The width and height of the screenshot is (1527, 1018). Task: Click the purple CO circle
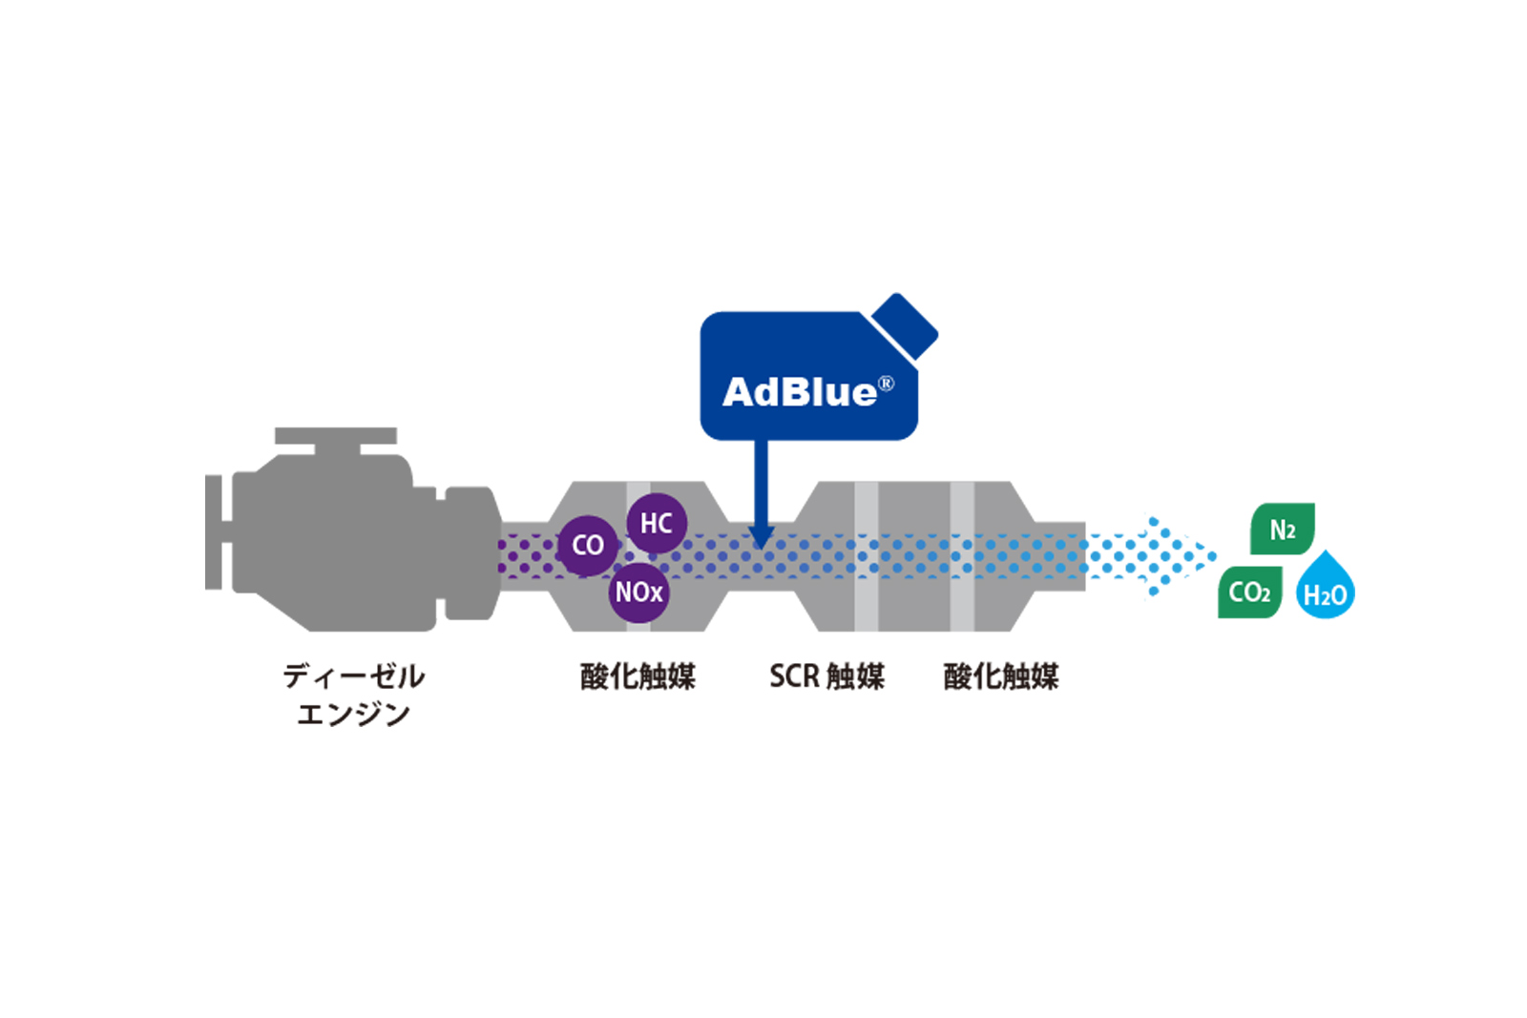(x=587, y=546)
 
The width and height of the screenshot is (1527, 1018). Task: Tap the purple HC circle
(x=657, y=523)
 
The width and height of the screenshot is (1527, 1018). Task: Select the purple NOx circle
(x=638, y=592)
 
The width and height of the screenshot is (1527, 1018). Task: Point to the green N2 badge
(x=1283, y=530)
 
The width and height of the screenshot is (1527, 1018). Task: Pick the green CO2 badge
(x=1249, y=592)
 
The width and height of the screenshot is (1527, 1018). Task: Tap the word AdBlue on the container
(x=799, y=392)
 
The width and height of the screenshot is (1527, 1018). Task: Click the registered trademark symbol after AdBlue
(x=887, y=384)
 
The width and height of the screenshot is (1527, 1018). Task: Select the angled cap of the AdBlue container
(x=905, y=325)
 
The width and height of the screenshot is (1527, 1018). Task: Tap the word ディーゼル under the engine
(x=354, y=676)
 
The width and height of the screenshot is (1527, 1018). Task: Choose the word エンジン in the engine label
(x=354, y=714)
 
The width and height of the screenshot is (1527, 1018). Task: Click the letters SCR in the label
(x=794, y=676)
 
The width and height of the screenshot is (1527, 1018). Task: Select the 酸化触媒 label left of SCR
(x=638, y=676)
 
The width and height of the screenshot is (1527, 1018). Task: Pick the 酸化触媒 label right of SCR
(x=1001, y=676)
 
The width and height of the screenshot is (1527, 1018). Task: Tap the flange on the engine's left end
(x=215, y=531)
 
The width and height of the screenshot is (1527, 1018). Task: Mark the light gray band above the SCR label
(x=866, y=556)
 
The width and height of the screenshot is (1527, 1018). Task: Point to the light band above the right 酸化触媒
(x=962, y=556)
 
